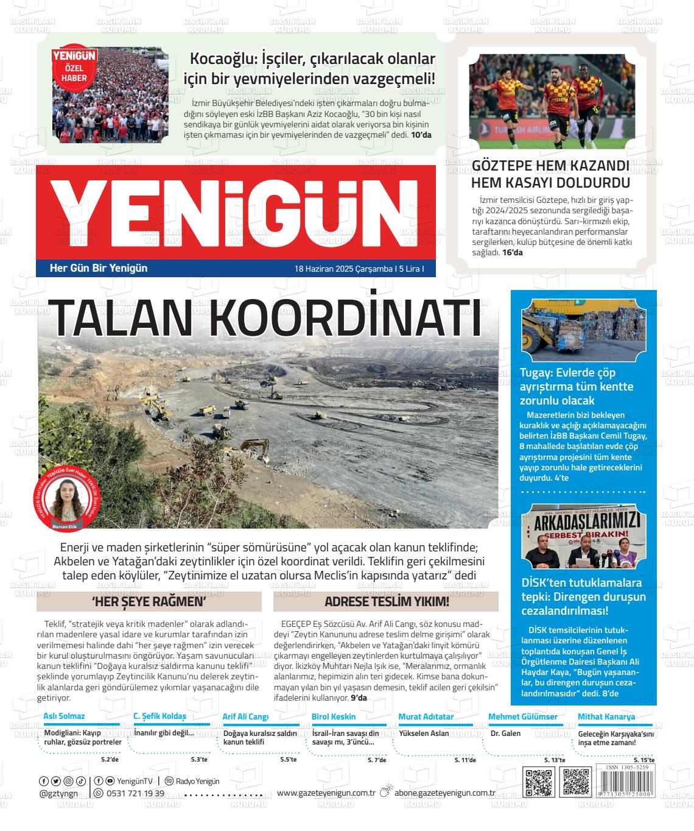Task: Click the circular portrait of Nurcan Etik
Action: pyautogui.click(x=63, y=497)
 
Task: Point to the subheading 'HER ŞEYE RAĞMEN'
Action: pyautogui.click(x=149, y=602)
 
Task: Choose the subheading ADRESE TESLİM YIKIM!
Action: pyautogui.click(x=387, y=602)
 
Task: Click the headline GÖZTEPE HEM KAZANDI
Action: pyautogui.click(x=550, y=166)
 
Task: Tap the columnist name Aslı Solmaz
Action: pyautogui.click(x=64, y=716)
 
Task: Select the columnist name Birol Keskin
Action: pyautogui.click(x=334, y=716)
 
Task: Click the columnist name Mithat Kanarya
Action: pyautogui.click(x=606, y=716)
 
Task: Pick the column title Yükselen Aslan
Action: pyautogui.click(x=424, y=734)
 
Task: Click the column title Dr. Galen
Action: pyautogui.click(x=505, y=734)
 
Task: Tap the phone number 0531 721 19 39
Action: pyautogui.click(x=135, y=793)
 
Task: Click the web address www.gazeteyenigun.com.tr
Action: pyautogui.click(x=325, y=793)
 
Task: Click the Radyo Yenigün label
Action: pyautogui.click(x=197, y=781)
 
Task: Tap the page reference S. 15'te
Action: pyautogui.click(x=643, y=760)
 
